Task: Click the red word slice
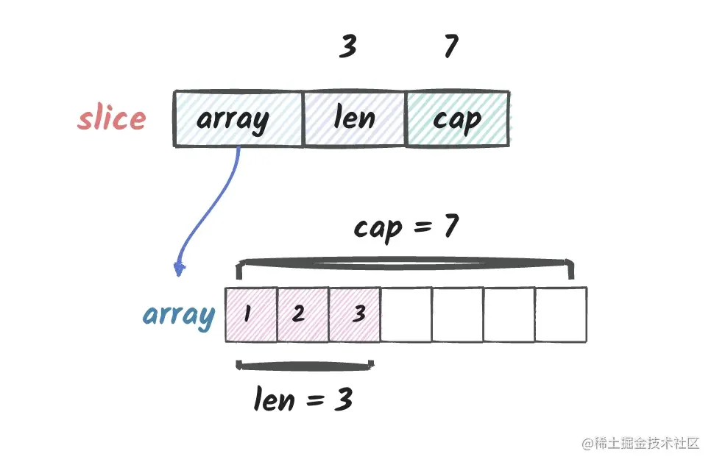(112, 118)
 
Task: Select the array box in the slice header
(238, 119)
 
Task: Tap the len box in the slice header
(354, 119)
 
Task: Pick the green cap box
(458, 118)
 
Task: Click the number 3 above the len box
(348, 46)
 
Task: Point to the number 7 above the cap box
(450, 46)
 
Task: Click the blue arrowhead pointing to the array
(180, 269)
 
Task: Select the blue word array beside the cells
(178, 316)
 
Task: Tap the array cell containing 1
(251, 314)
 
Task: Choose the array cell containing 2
(303, 314)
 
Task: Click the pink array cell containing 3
(354, 314)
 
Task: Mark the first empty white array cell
(406, 314)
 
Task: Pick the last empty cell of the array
(561, 314)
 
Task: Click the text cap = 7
(406, 227)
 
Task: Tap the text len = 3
(303, 400)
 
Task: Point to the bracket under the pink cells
(305, 366)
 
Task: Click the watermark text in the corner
(640, 443)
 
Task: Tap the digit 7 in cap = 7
(451, 226)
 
